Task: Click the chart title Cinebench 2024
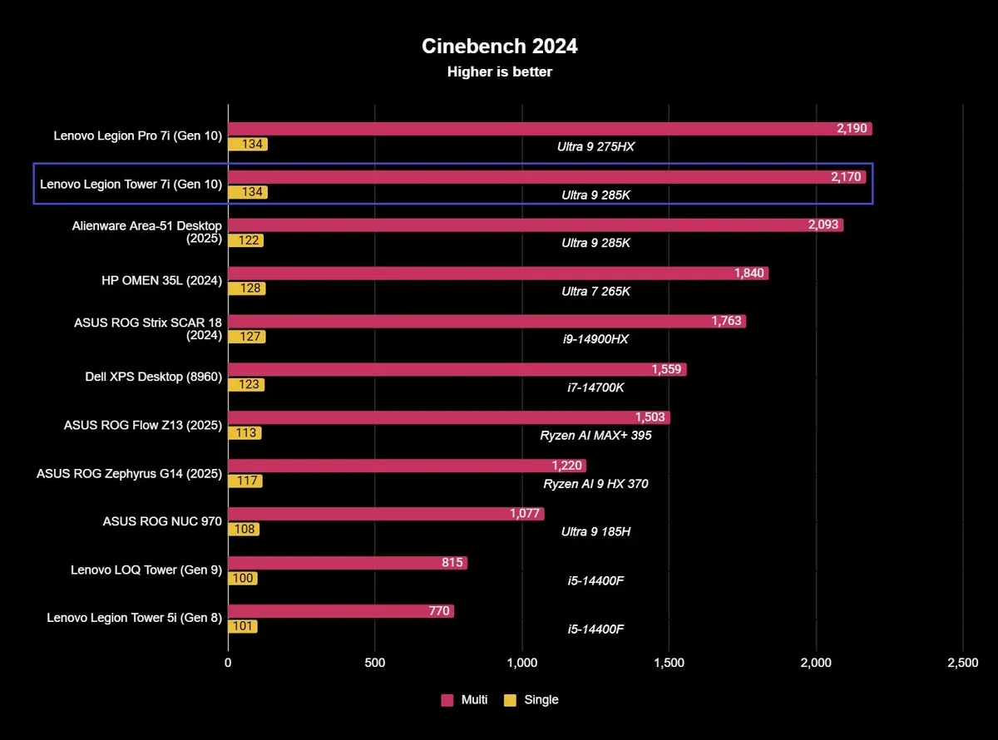click(499, 46)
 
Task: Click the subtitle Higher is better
click(499, 72)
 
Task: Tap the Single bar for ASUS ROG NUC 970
click(243, 530)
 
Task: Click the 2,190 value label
click(852, 129)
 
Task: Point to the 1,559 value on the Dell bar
click(667, 369)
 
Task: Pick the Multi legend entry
click(465, 699)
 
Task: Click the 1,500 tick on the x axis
click(669, 663)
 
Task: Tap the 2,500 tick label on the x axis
click(962, 663)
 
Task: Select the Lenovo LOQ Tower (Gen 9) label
click(146, 570)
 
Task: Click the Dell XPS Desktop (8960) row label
click(154, 377)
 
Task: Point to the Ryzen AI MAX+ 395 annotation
click(595, 435)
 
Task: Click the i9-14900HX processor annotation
click(595, 338)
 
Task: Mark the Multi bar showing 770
click(341, 611)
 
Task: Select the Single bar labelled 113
click(245, 433)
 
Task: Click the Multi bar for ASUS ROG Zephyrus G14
click(407, 466)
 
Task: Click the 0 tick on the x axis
click(228, 663)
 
